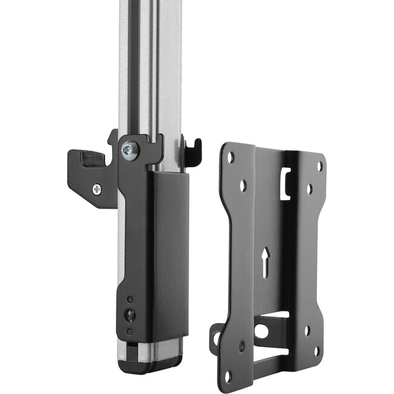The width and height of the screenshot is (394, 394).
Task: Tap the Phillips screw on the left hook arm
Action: (x=98, y=189)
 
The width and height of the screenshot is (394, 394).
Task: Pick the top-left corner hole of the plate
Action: (x=230, y=156)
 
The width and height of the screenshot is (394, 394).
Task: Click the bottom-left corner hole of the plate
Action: (x=227, y=376)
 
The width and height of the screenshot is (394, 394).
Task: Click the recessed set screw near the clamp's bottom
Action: (x=129, y=315)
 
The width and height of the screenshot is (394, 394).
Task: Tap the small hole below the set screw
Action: (x=129, y=330)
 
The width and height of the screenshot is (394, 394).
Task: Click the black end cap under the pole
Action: (x=149, y=364)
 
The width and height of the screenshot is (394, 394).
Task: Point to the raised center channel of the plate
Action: (x=276, y=242)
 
